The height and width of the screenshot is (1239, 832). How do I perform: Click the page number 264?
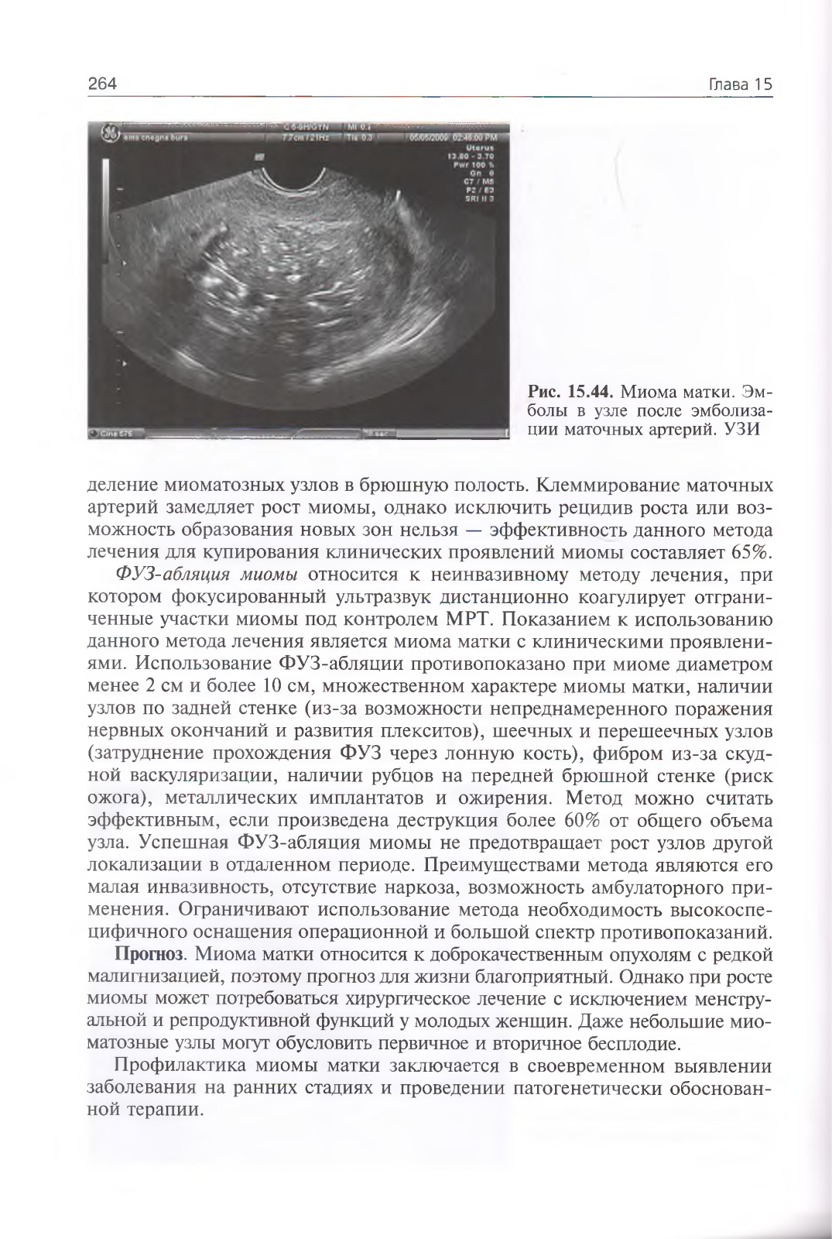[x=102, y=84]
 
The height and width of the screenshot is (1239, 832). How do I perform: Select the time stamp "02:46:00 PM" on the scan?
[x=478, y=138]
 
